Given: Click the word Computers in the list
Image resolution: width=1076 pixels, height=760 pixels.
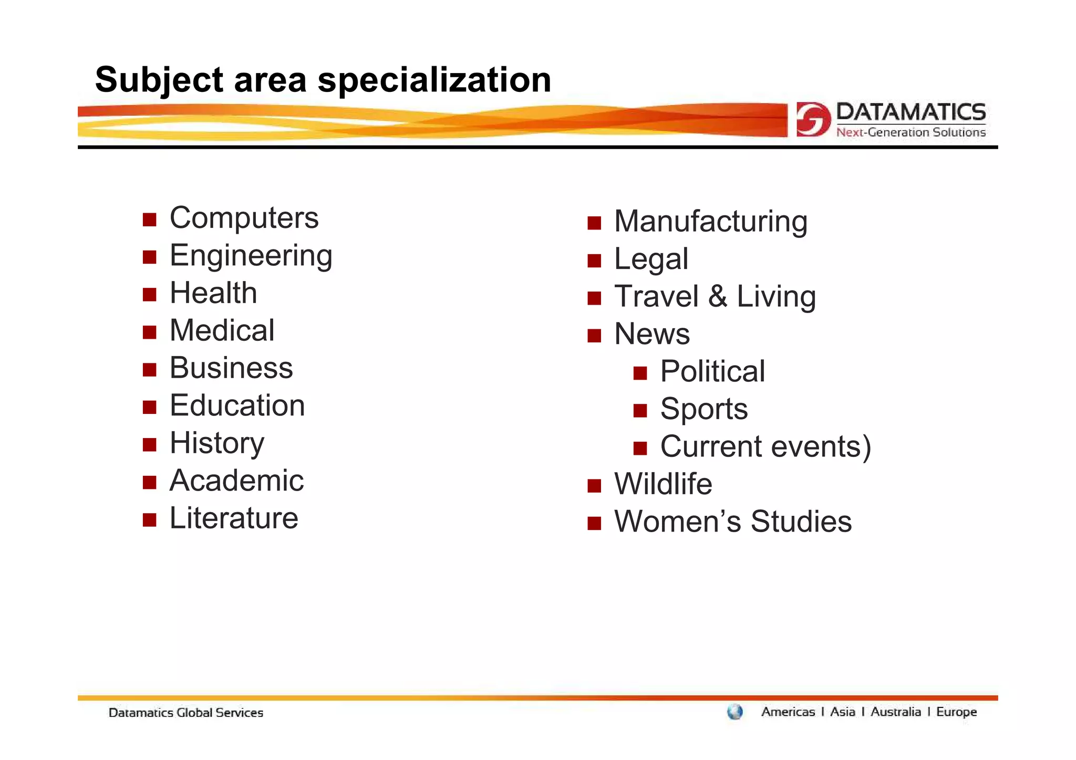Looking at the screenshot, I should [244, 218].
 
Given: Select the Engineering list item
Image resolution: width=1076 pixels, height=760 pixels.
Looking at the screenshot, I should [251, 256].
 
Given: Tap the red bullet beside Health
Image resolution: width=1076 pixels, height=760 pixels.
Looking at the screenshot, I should [150, 294].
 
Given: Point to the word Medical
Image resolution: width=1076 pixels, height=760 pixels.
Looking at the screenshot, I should [222, 330].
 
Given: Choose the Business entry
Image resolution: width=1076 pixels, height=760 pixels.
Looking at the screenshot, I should [231, 368].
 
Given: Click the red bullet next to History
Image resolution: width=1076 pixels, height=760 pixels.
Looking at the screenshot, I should [150, 445].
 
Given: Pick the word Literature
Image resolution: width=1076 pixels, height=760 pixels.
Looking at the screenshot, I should [234, 518].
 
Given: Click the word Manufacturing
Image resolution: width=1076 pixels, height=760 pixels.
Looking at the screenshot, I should [710, 221].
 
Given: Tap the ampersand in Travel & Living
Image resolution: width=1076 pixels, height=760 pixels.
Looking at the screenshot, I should [717, 296].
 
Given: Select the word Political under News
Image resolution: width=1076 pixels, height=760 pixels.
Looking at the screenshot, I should [712, 371].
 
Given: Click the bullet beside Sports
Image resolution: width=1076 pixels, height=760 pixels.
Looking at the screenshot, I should [640, 410].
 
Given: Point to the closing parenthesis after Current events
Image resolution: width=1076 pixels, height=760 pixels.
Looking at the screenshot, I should [866, 447].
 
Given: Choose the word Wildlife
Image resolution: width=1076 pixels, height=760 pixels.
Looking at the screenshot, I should [663, 484].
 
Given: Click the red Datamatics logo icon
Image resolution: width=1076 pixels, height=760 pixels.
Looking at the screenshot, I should [813, 119].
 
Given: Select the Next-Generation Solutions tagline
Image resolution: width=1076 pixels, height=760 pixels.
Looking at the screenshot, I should [911, 132].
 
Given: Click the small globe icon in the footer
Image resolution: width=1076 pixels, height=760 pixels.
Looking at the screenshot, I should [735, 712].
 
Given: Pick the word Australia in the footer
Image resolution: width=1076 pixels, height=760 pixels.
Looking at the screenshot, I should [895, 712].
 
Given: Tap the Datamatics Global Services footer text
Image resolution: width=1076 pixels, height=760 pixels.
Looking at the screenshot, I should [185, 713].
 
